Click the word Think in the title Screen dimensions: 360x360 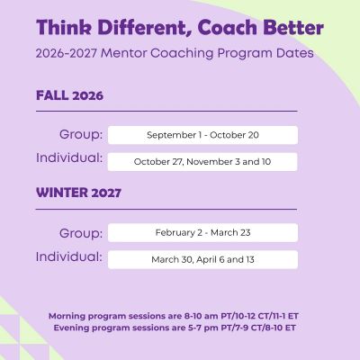tap(64, 27)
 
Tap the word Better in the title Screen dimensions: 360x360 tap(293, 27)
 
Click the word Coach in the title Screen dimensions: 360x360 tap(228, 27)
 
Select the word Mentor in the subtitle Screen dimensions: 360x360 tap(123, 53)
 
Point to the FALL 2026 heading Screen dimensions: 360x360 tap(69, 95)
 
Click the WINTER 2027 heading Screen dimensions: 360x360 tap(78, 193)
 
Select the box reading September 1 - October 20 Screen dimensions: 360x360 tap(202, 135)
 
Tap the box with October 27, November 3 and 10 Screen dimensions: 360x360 tap(202, 162)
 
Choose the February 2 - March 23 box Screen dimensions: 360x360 tap(202, 232)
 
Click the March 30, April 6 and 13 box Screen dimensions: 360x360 tap(202, 259)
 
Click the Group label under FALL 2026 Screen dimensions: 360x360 tap(81, 135)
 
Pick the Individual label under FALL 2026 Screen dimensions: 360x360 tap(69, 157)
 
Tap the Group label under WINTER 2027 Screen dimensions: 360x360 tap(81, 233)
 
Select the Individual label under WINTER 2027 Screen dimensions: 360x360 tap(69, 256)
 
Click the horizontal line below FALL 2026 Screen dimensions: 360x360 tap(166, 111)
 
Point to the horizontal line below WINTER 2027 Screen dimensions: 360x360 tap(166, 209)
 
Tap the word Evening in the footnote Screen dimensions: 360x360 tap(71, 328)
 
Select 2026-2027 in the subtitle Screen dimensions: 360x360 tap(67, 53)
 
